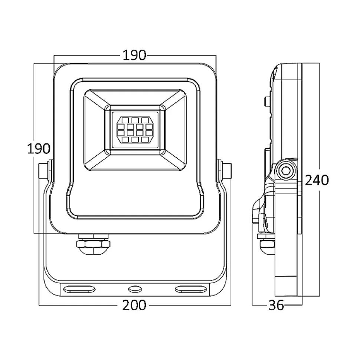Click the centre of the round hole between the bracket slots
(135, 289)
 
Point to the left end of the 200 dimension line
(39, 305)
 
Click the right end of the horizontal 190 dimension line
(216, 55)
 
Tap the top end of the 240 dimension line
(320, 63)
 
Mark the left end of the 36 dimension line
(252, 305)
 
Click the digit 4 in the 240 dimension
(317, 180)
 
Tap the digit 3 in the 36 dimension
(272, 305)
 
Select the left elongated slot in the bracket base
(79, 289)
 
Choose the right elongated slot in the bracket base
(191, 289)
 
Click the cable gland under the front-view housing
(94, 244)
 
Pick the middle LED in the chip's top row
(135, 120)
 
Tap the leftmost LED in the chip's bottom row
(125, 139)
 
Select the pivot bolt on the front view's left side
(45, 171)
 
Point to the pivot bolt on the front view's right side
(225, 171)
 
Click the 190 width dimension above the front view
(134, 55)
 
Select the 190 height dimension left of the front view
(39, 148)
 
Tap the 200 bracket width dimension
(134, 305)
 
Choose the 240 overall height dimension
(317, 180)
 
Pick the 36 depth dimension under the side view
(276, 305)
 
